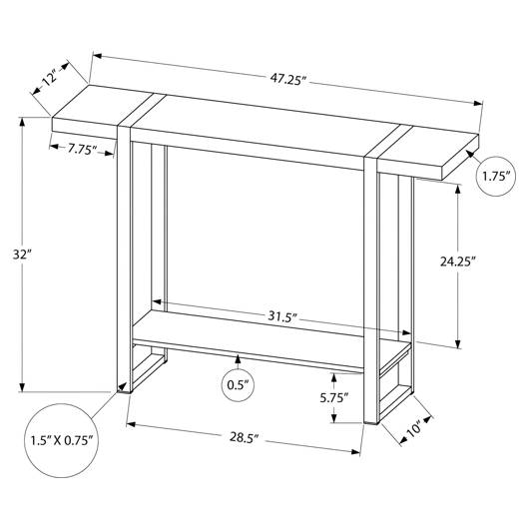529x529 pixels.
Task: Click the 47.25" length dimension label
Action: pos(287,80)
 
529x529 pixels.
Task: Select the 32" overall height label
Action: pos(22,255)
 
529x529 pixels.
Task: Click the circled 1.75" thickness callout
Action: pos(496,176)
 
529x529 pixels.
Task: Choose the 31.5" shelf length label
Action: pos(282,316)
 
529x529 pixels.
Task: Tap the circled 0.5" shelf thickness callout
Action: pos(238,385)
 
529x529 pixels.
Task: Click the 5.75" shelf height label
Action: pos(334,398)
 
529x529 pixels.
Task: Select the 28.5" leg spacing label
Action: pos(244,437)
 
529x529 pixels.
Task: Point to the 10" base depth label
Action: pos(413,429)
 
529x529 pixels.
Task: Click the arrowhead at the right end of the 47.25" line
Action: pos(478,104)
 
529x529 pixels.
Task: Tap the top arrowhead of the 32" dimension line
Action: pos(22,122)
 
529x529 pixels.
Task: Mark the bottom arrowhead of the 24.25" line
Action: pos(457,343)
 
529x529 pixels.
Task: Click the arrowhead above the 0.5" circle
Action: pos(238,359)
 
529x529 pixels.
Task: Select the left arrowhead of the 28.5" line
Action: pos(131,424)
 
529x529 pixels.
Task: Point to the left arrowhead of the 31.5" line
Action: pos(158,301)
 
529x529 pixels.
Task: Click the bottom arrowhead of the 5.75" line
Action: pos(334,417)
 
